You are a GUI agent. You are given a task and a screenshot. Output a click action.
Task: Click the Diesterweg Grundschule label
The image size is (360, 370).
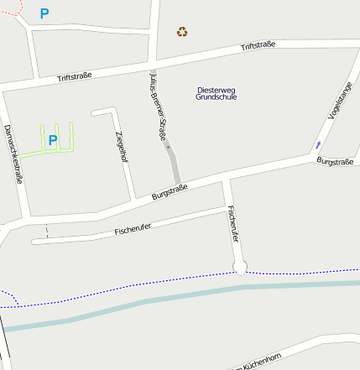[x=216, y=93]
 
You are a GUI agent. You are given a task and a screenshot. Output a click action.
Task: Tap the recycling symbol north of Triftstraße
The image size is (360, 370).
[x=182, y=33]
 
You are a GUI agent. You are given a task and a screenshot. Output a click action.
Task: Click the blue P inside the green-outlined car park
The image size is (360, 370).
[x=52, y=140]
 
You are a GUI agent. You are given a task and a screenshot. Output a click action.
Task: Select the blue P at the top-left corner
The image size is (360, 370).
[x=44, y=13]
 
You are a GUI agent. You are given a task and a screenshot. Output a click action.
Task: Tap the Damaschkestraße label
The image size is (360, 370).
[x=13, y=154]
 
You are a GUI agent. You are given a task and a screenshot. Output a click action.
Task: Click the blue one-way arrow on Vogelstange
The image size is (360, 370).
[x=317, y=145]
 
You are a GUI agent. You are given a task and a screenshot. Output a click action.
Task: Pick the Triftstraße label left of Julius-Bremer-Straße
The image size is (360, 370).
[x=74, y=78]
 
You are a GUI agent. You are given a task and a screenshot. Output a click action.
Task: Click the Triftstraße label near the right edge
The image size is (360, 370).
[x=258, y=46]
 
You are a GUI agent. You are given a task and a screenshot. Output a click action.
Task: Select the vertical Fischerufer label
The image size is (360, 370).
[x=233, y=225]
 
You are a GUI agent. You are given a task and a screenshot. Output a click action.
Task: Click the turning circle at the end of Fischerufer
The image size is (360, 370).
[x=241, y=268]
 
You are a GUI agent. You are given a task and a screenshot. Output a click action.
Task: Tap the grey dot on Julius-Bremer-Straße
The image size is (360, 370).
[x=169, y=147]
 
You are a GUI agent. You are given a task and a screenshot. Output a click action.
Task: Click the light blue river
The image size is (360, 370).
[x=168, y=304]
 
